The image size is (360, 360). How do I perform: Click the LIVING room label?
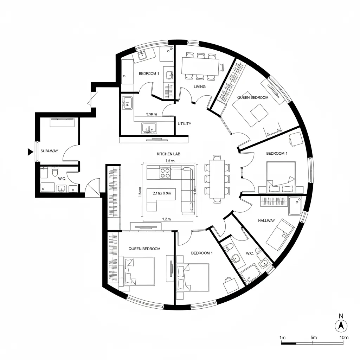click(200, 86)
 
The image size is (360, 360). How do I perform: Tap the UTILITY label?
click(185, 124)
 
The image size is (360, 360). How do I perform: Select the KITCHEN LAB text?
click(168, 154)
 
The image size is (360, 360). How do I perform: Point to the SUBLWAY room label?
click(49, 151)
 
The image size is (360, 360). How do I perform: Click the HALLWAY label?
click(266, 221)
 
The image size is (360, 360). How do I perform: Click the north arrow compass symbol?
click(340, 326)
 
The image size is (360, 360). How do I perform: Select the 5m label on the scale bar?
click(314, 337)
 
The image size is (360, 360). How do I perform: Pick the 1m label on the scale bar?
click(282, 337)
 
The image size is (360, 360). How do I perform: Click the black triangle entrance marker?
click(30, 152)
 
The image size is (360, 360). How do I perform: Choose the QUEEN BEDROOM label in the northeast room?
click(253, 97)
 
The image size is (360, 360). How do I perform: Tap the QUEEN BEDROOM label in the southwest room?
click(144, 249)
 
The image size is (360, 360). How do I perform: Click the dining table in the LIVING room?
click(200, 66)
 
